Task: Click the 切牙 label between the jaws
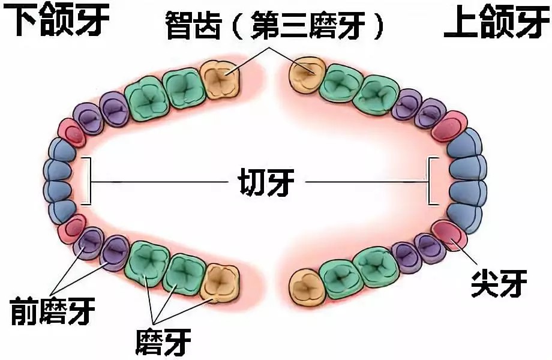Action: [x=263, y=180]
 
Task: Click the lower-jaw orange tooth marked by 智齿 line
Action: [x=220, y=77]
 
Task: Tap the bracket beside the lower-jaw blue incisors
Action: [x=88, y=180]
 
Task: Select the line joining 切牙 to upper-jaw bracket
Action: [x=366, y=181]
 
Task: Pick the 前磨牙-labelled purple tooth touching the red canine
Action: [x=91, y=243]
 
